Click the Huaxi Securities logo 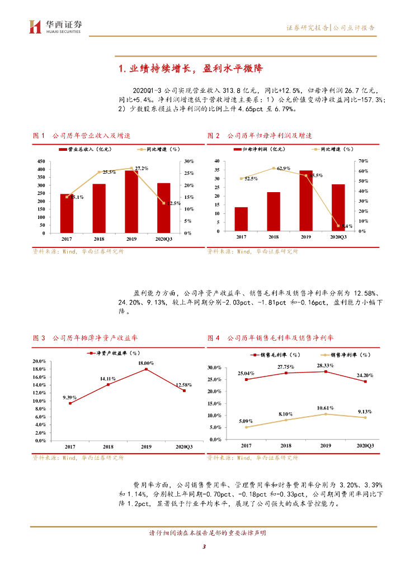[55, 26]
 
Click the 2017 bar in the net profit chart [241, 219]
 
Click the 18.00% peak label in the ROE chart [147, 363]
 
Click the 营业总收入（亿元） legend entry [88, 150]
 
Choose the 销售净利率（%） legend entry [346, 355]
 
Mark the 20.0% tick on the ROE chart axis [40, 361]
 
